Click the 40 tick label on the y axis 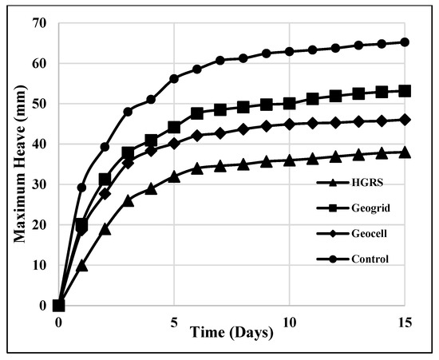(39, 144)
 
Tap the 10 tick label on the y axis (39, 265)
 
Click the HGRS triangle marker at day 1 (81, 265)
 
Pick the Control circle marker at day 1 (81, 188)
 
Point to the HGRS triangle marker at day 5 (173, 176)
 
